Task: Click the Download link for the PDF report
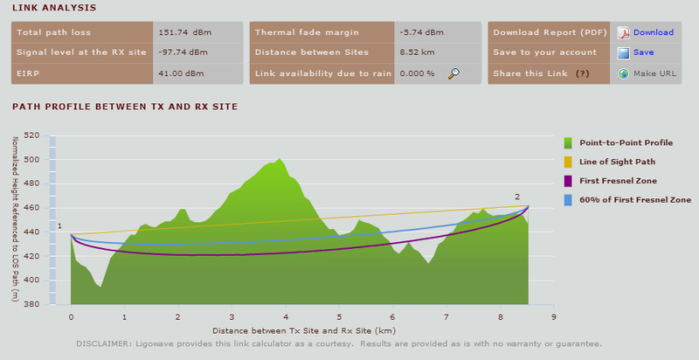[653, 32]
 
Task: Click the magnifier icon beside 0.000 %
[454, 73]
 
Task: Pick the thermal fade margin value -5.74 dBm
[422, 32]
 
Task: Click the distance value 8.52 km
[417, 52]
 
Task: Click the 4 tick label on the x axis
[286, 319]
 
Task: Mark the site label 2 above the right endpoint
[517, 197]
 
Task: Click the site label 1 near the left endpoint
[60, 226]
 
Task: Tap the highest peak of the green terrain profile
[280, 159]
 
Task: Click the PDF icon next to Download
[624, 33]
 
